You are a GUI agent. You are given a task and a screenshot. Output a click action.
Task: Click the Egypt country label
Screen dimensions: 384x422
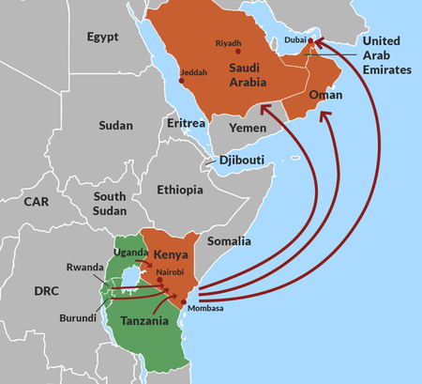click(105, 38)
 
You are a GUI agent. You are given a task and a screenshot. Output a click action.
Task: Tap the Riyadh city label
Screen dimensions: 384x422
click(229, 42)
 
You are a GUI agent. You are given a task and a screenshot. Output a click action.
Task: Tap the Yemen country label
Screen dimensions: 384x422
click(249, 127)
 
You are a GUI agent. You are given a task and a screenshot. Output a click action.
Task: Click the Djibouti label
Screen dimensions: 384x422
click(243, 161)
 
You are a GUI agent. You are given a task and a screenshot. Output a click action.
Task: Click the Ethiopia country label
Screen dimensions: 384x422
click(180, 190)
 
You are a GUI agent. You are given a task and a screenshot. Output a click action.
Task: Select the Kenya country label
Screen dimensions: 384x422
click(171, 254)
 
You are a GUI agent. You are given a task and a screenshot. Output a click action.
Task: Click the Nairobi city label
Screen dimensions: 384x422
click(171, 272)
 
